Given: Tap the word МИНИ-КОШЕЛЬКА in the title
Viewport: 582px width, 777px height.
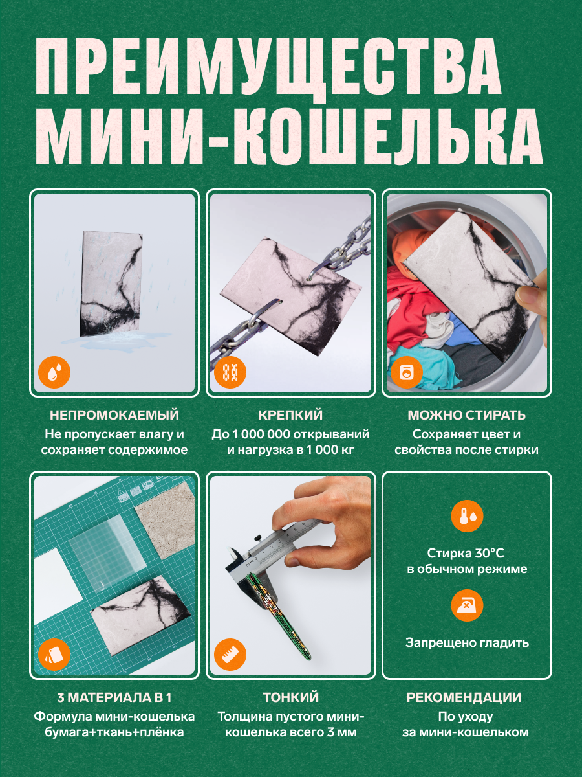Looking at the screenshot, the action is pos(289,136).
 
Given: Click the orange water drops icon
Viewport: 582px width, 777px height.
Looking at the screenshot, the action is pos(54,372).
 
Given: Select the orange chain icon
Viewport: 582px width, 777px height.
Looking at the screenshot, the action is pos(230,372).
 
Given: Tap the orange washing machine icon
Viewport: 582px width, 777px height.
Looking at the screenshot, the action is pos(406,372).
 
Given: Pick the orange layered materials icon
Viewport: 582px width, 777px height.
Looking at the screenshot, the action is pos(54,655).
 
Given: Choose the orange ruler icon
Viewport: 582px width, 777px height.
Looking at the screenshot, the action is pos(230,655).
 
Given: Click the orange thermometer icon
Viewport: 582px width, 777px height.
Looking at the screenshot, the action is pos(467,516).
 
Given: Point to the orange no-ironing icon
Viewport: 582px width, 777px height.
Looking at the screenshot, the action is pos(467,605).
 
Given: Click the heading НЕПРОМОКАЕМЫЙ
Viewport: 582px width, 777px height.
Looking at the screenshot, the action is pos(114,415).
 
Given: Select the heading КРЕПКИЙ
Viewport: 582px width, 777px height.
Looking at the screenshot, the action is pos(290,415).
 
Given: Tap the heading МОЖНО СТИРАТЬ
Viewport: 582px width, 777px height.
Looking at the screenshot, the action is pos(467,415).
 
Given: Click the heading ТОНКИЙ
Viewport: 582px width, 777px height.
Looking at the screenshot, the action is pos(291,697).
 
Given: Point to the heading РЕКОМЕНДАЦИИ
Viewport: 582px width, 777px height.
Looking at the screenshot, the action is pos(464,697).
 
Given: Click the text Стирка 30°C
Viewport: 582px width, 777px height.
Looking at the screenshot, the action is pos(466,553).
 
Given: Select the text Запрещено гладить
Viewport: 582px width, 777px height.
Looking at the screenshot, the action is pos(467,642).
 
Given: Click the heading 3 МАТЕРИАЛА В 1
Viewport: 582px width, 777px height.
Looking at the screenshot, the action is pos(114,697).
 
